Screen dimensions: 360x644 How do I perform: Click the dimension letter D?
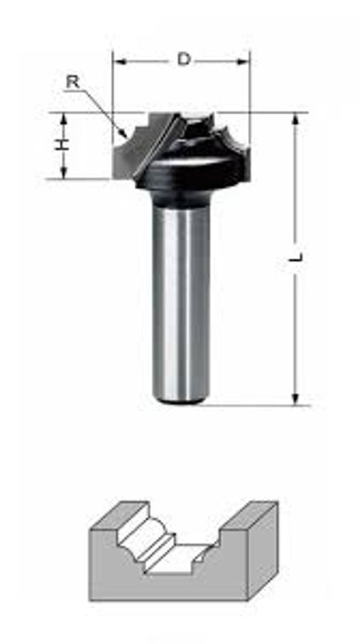184,60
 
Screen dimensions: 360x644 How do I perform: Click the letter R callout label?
73,82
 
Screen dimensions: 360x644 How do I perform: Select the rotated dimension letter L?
296,257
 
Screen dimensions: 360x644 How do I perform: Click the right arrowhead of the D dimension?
243,62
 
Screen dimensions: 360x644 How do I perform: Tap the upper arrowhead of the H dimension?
64,119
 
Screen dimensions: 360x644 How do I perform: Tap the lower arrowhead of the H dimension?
64,172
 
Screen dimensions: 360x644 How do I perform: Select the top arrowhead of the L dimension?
295,120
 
